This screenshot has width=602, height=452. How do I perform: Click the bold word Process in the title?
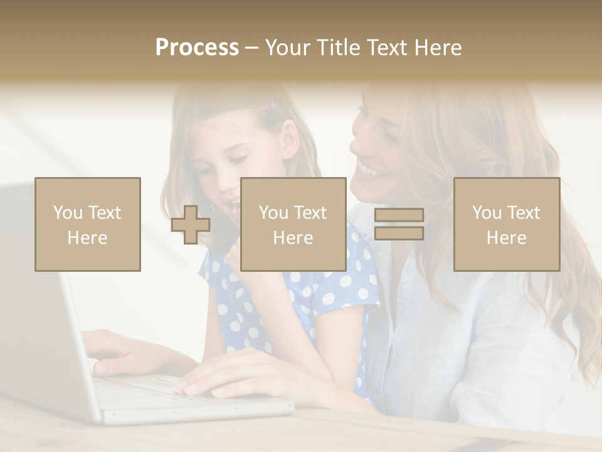coord(197,48)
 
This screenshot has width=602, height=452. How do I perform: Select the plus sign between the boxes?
coord(191,225)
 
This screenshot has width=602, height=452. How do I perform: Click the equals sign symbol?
coord(399,224)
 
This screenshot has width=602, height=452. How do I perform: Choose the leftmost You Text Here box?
coord(87,224)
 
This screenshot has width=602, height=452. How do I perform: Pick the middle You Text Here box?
coord(293,224)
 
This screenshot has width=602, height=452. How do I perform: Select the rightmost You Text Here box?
coord(506,224)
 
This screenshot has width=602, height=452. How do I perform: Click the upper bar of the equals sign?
coord(399,215)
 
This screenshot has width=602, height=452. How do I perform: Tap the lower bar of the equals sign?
coord(399,233)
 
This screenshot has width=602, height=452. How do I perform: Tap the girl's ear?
coord(290,135)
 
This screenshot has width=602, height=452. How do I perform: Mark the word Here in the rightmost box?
coord(506,237)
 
